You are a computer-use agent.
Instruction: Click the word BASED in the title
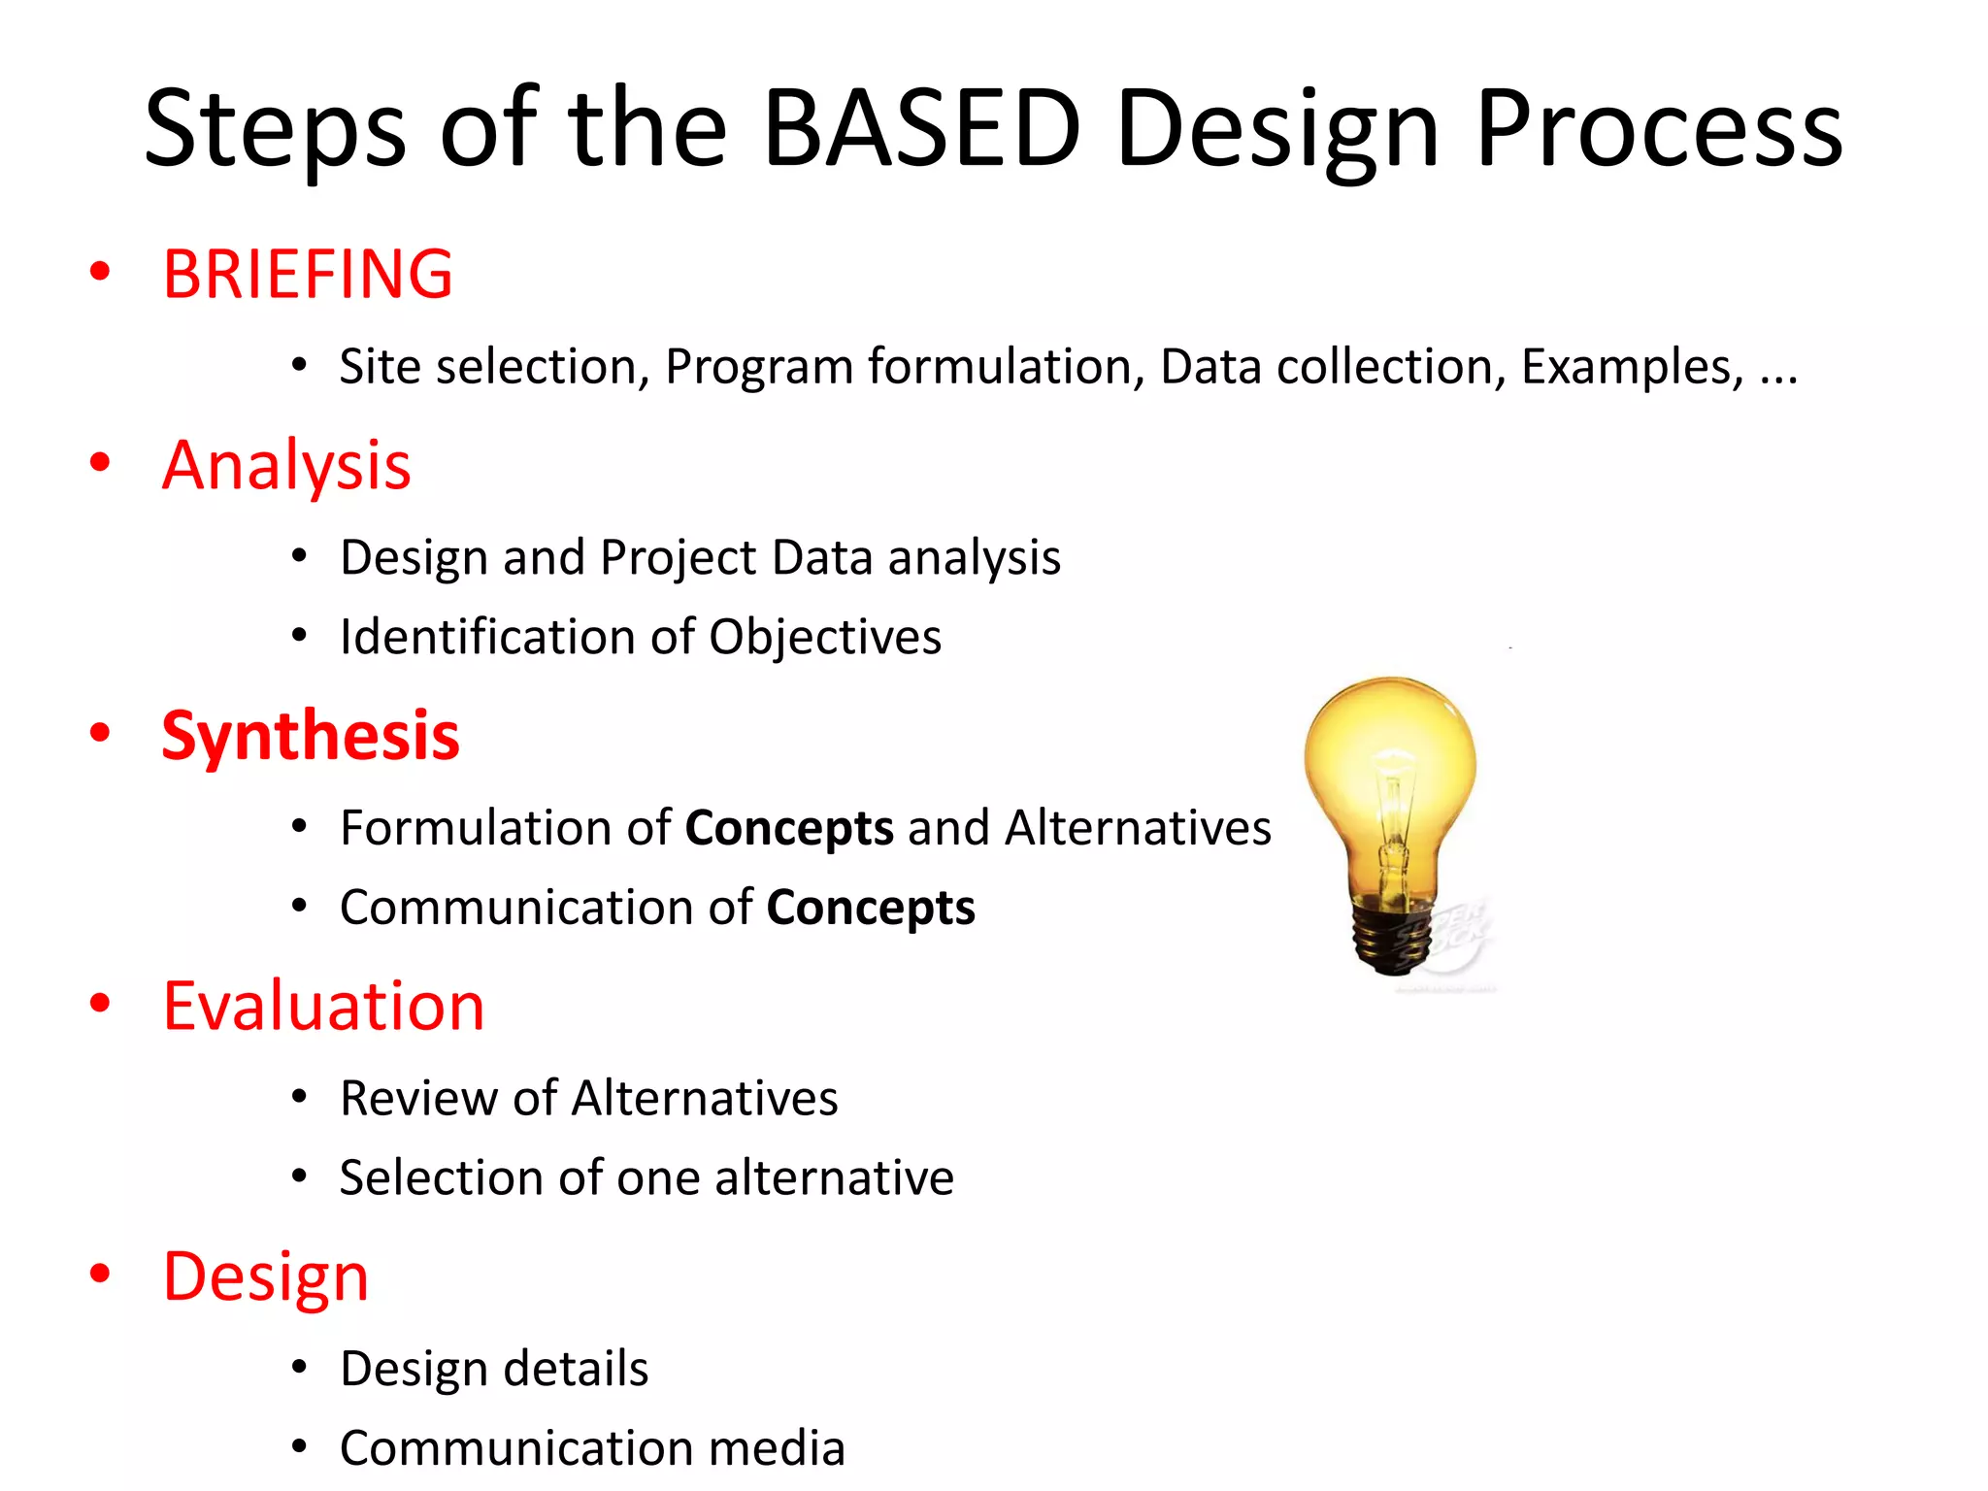[921, 128]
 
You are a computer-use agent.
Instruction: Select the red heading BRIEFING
[307, 275]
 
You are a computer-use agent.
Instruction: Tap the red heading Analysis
[286, 466]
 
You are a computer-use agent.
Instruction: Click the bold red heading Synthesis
[310, 736]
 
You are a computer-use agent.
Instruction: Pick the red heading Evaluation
[323, 1007]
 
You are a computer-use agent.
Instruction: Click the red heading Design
[265, 1276]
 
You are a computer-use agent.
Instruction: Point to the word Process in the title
[1658, 128]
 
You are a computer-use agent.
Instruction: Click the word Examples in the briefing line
[1631, 367]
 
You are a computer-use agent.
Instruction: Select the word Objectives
[825, 638]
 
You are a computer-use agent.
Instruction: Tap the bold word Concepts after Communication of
[871, 908]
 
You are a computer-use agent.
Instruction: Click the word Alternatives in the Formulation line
[1138, 828]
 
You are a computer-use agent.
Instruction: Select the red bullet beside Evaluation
[100, 1003]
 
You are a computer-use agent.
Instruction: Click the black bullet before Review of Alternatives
[300, 1098]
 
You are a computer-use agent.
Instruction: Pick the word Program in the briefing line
[758, 367]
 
